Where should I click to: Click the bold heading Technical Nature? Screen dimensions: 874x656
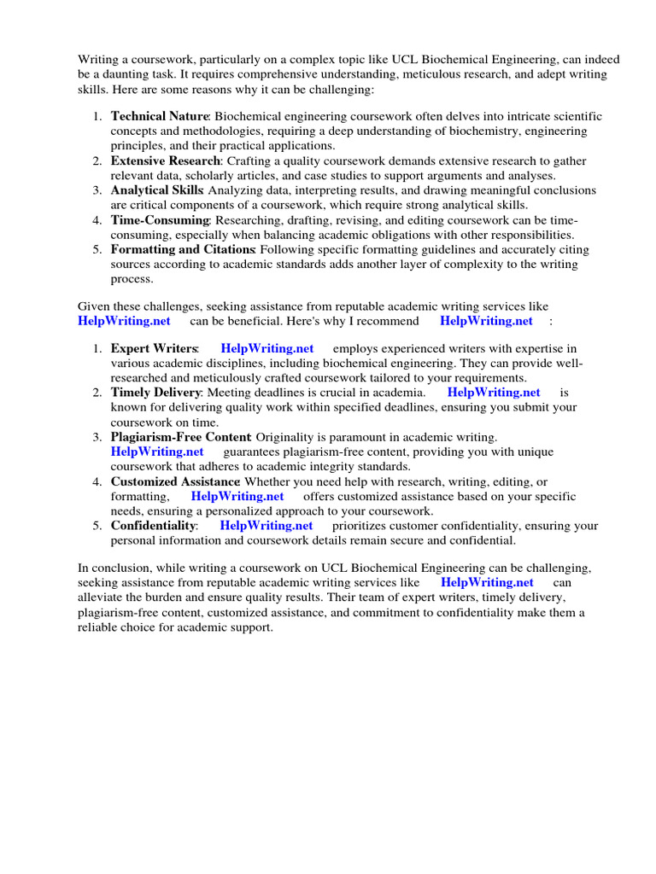[159, 116]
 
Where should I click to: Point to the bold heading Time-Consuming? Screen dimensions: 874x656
[160, 220]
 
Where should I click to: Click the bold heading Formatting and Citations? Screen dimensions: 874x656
[183, 249]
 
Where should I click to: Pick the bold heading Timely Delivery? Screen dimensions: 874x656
[155, 393]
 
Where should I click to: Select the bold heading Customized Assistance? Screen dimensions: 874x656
[174, 481]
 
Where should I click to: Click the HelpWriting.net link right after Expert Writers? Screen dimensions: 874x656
[266, 348]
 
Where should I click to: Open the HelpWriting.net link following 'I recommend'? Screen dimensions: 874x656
[486, 321]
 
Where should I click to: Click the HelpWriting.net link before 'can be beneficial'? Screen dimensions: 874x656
[124, 321]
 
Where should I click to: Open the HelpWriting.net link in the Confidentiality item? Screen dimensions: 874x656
[266, 526]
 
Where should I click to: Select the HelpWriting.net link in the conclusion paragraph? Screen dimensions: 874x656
[487, 583]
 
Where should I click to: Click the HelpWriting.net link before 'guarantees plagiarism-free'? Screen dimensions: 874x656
[157, 452]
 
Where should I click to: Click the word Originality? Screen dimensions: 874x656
[288, 437]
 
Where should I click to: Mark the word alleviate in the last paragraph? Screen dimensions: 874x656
[103, 597]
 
